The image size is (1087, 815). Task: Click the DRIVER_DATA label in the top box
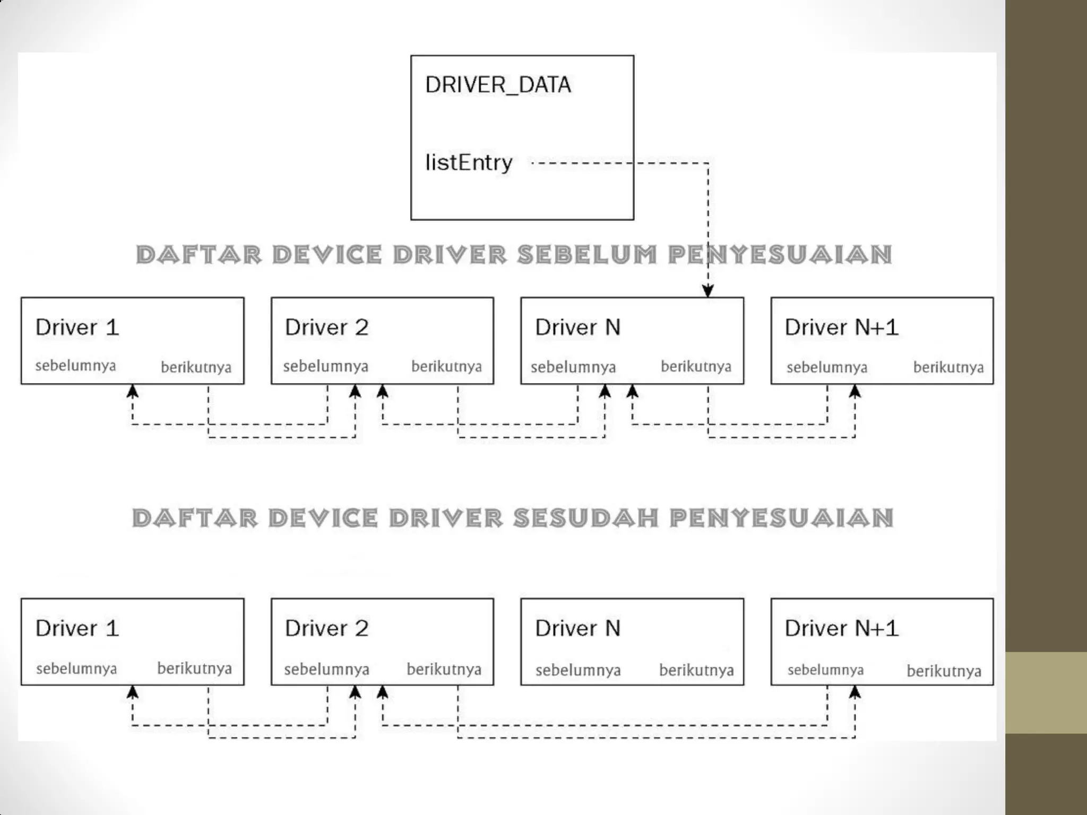click(498, 85)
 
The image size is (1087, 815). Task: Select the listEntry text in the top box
click(469, 162)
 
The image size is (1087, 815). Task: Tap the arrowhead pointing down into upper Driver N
click(708, 290)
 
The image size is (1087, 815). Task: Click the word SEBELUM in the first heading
click(588, 255)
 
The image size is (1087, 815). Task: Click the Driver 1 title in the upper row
click(77, 327)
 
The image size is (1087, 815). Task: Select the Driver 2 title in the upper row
click(326, 327)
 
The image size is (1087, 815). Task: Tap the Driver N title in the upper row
click(577, 327)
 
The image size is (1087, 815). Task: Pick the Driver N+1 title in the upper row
click(841, 327)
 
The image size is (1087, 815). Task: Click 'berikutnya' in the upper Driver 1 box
click(196, 367)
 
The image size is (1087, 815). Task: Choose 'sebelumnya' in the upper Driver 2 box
click(325, 366)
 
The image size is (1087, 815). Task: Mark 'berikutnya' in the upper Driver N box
click(696, 366)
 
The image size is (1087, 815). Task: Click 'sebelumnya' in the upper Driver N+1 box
click(826, 367)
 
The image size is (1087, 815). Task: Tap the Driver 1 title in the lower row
click(77, 628)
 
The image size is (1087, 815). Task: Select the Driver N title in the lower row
click(577, 628)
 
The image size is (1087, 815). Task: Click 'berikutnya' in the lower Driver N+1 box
click(944, 671)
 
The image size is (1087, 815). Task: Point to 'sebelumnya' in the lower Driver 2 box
click(326, 669)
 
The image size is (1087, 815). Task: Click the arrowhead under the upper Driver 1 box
click(133, 392)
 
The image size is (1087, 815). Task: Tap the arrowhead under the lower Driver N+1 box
click(855, 692)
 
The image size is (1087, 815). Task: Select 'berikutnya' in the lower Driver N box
click(696, 670)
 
